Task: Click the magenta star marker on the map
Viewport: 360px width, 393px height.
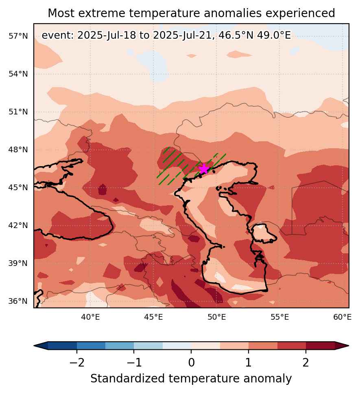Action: (204, 169)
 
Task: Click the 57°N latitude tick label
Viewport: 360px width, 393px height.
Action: (18, 36)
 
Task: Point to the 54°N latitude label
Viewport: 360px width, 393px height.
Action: (18, 74)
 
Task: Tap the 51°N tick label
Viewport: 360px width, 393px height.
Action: (18, 112)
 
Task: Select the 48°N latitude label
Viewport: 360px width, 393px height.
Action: (18, 149)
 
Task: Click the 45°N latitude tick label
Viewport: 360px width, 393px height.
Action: (18, 187)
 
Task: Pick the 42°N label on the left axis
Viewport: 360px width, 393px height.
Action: (18, 225)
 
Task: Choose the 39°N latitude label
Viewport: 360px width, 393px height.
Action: (18, 263)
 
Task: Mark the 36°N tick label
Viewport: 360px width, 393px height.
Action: (18, 301)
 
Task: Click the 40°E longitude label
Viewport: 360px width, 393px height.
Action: (90, 317)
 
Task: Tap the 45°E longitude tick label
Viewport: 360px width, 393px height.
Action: (153, 317)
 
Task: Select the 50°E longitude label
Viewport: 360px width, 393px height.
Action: (216, 317)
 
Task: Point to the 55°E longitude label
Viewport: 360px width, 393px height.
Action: (279, 317)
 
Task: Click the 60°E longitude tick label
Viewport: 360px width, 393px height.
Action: (342, 317)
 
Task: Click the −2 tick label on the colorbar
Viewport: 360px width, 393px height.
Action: (77, 362)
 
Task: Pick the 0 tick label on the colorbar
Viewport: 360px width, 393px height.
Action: (192, 362)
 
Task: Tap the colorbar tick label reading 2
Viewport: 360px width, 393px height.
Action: (305, 362)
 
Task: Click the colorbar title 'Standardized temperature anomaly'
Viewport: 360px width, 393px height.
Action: (191, 378)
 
